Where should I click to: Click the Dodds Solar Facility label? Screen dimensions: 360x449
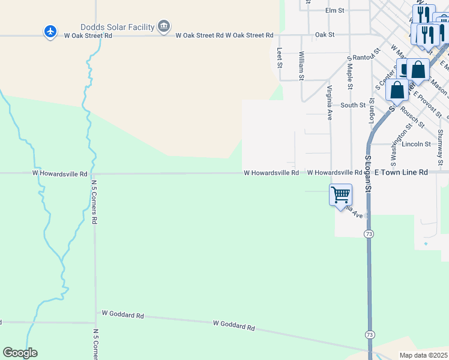point(117,27)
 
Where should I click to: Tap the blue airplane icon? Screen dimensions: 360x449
point(50,31)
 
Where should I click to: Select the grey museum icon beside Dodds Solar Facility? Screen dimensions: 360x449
point(164,26)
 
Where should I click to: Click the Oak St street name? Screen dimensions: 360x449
point(324,35)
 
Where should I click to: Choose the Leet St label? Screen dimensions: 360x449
point(279,58)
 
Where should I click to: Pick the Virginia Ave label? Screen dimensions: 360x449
point(330,103)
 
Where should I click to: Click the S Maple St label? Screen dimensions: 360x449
point(349,72)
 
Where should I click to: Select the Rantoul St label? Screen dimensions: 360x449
point(364,58)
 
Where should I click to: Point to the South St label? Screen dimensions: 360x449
point(353,105)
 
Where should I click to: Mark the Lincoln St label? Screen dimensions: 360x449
point(417,144)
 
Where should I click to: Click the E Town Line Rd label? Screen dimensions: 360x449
point(401,172)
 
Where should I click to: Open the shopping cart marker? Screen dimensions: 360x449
point(340,194)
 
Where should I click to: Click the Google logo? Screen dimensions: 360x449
point(20,353)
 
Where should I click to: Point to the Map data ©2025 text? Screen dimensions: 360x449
point(423,355)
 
